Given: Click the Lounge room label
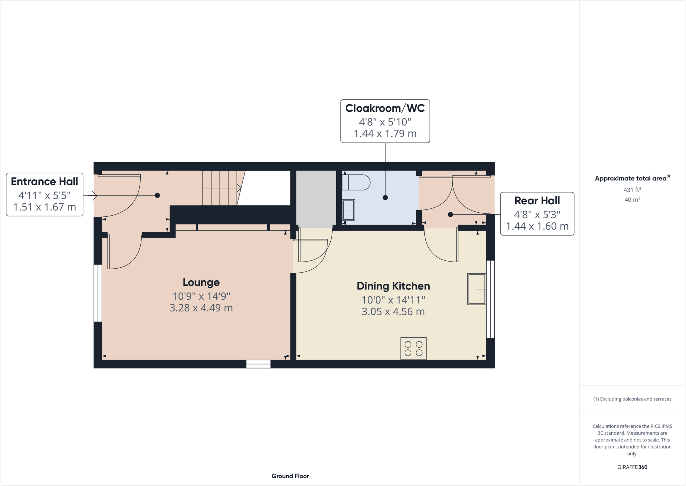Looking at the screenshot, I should [x=201, y=282].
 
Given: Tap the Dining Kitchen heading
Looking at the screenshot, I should [x=393, y=286].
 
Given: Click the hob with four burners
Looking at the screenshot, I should [x=413, y=348].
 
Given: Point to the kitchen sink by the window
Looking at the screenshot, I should [x=476, y=289].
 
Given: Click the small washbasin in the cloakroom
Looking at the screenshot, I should [x=349, y=210].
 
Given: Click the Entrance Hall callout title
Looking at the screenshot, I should [x=44, y=181].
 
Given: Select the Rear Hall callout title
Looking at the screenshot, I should [x=537, y=201].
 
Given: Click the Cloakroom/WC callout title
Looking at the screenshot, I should [x=385, y=108].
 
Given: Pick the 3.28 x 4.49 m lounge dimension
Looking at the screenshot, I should [x=201, y=308].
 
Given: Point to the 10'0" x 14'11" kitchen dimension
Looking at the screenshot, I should [x=393, y=300].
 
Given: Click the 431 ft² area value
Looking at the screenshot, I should [x=632, y=190].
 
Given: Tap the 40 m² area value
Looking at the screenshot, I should [x=632, y=200].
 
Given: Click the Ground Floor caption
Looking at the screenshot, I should [x=290, y=476].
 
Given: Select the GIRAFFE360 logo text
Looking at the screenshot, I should [x=632, y=467].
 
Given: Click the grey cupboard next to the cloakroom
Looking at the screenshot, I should [x=316, y=199].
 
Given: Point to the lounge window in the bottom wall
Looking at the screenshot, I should [x=258, y=364].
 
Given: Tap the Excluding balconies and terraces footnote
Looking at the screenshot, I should [x=632, y=399].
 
